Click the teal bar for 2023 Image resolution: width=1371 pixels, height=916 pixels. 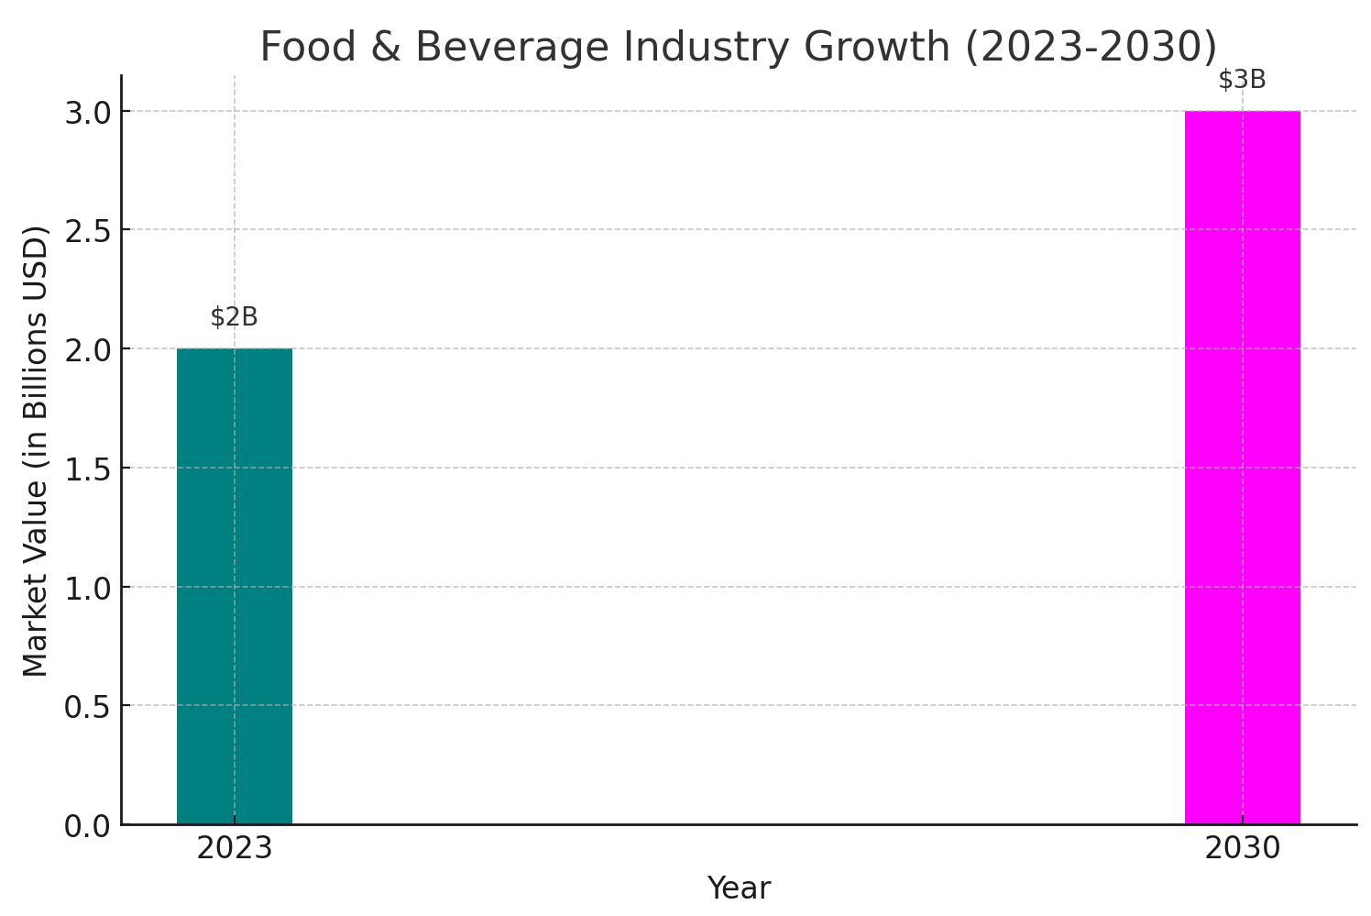[x=234, y=587]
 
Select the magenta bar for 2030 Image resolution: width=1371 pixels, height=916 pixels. [x=1242, y=468]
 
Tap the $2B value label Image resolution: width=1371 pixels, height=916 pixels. [x=234, y=317]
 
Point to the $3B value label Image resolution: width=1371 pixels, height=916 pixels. [x=1242, y=81]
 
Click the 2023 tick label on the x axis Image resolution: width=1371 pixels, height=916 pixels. [x=234, y=849]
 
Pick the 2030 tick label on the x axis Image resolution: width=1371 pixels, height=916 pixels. [x=1242, y=849]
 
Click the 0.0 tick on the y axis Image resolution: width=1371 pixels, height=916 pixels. [x=87, y=826]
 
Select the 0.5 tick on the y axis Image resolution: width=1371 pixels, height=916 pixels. [x=87, y=707]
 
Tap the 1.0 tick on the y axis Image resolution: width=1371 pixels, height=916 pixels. [x=87, y=588]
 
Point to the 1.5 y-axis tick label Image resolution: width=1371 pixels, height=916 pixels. [x=87, y=469]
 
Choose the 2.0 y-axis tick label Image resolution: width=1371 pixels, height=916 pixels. [x=87, y=349]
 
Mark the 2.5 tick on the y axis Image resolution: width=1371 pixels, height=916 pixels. [x=87, y=230]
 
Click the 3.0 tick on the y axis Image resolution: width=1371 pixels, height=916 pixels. [x=87, y=112]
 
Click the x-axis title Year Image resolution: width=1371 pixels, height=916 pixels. [x=739, y=888]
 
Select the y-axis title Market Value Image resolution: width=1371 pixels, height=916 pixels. [x=36, y=451]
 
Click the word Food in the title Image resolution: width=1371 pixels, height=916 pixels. [x=302, y=48]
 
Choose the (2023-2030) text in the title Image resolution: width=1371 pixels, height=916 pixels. [x=1091, y=48]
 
